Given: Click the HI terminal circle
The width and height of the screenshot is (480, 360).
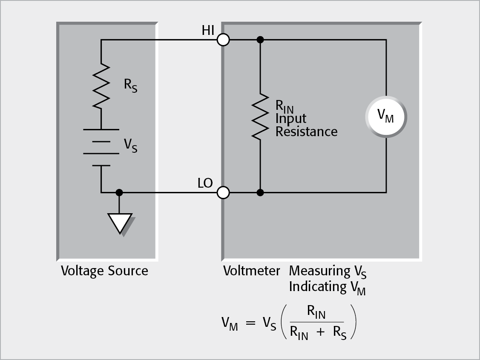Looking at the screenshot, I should pyautogui.click(x=223, y=40).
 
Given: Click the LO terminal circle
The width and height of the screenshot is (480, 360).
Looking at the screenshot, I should pyautogui.click(x=223, y=193).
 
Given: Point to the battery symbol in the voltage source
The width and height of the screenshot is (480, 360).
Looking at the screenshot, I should pyautogui.click(x=101, y=147).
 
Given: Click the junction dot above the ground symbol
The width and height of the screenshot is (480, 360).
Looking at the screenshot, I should pyautogui.click(x=120, y=193).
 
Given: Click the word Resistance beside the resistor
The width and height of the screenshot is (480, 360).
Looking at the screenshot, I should pyautogui.click(x=306, y=132).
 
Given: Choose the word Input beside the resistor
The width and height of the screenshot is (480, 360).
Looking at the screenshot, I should pyautogui.click(x=290, y=119).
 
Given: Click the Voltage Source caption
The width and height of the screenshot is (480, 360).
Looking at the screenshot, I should pyautogui.click(x=104, y=271).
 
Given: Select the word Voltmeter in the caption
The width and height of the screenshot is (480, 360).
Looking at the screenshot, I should pyautogui.click(x=252, y=271).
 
